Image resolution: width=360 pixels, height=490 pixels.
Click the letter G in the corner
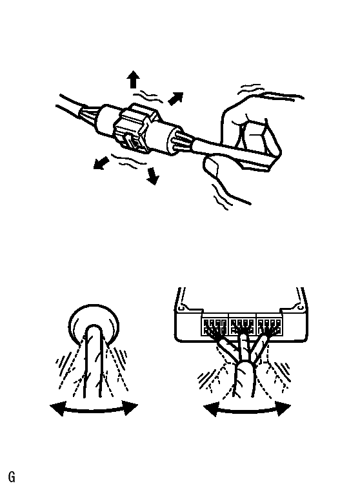(x=12, y=477)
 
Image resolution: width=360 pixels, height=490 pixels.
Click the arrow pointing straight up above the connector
(x=134, y=79)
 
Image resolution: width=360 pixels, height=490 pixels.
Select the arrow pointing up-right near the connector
(x=175, y=98)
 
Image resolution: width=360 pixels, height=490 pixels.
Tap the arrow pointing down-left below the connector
(x=101, y=163)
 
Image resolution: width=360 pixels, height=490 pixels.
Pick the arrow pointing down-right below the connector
(x=154, y=176)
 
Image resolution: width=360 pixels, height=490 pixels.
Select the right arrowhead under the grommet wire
(x=131, y=408)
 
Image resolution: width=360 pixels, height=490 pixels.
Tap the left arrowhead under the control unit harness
(x=210, y=409)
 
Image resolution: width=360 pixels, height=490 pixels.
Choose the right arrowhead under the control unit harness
(x=284, y=409)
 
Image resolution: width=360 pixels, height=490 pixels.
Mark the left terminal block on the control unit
(x=214, y=327)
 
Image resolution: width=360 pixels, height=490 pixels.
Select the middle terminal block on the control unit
(x=243, y=327)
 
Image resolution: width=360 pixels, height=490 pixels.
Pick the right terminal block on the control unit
(x=270, y=327)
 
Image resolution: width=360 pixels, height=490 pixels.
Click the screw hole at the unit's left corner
(x=181, y=309)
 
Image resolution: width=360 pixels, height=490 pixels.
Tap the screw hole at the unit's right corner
(x=300, y=308)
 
